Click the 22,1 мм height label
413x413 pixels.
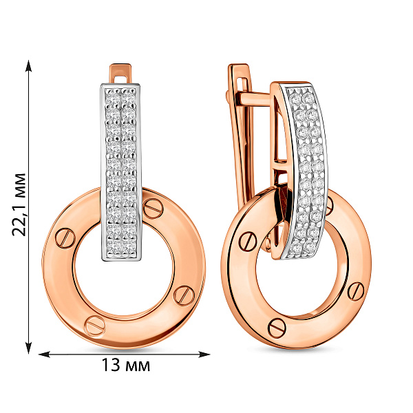[19, 204]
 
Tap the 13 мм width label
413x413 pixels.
[126, 365]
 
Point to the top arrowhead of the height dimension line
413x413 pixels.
[28, 66]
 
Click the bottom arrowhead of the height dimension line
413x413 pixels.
[28, 348]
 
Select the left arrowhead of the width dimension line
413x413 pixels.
[44, 354]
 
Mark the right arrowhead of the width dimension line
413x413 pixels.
[204, 354]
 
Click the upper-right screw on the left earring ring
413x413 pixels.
[153, 209]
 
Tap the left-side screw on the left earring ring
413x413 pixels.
[65, 238]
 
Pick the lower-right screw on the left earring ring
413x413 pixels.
[184, 296]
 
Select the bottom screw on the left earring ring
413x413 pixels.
[95, 326]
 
